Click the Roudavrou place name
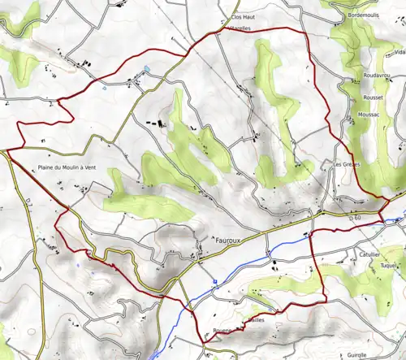[370, 78]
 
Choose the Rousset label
[375, 98]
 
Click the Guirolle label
[356, 355]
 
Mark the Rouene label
[223, 330]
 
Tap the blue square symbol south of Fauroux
[214, 281]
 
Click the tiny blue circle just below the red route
[106, 89]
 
